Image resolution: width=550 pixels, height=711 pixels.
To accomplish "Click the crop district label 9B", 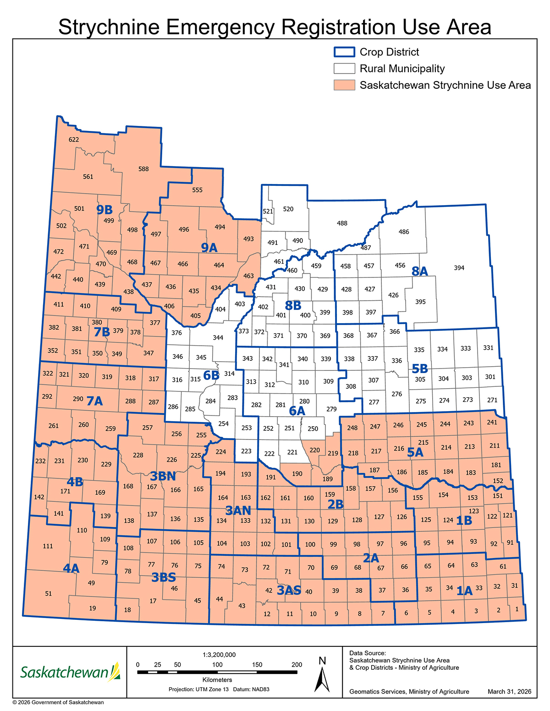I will (104, 210).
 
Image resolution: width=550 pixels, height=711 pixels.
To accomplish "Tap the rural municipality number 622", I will (74, 140).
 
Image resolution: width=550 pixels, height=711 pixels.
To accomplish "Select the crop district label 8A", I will (419, 271).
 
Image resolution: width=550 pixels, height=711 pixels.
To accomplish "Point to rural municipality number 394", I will (459, 268).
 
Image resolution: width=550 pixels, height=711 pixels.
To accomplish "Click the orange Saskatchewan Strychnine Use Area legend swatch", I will (344, 85).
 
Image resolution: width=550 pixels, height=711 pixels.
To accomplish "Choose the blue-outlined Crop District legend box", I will (344, 52).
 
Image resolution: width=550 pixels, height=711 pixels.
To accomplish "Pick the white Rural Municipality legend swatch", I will (344, 69).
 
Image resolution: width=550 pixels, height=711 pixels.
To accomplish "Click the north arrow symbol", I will (322, 675).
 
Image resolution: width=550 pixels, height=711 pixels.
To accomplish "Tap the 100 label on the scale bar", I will (217, 664).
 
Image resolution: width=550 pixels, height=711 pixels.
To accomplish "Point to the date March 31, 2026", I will (509, 691).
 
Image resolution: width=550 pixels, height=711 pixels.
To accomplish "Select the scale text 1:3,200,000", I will (219, 655).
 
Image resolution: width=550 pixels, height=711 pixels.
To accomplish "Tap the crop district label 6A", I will (297, 411).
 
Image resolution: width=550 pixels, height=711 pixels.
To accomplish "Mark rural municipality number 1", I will (517, 609).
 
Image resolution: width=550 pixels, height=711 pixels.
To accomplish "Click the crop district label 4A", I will (71, 569).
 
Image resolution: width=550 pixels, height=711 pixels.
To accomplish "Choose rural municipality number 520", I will (288, 209).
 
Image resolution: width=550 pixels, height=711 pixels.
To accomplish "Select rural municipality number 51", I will (49, 593).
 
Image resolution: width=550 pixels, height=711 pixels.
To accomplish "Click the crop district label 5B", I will (419, 368).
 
